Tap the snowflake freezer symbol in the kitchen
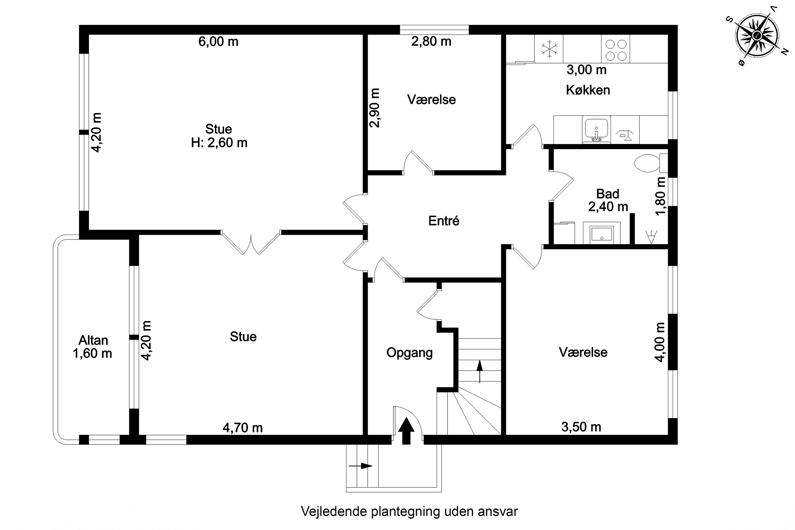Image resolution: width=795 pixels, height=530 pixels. (x=549, y=49)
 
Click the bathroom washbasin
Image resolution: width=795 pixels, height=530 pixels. (x=602, y=233)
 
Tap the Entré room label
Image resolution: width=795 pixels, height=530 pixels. (x=444, y=221)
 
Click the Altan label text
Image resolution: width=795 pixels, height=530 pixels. (x=93, y=340)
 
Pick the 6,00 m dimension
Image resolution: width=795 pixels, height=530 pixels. (x=218, y=42)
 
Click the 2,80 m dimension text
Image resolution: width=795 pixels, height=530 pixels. (x=431, y=41)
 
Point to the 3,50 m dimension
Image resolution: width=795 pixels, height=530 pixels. (x=581, y=427)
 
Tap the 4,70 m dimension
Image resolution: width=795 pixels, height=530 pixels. (x=243, y=428)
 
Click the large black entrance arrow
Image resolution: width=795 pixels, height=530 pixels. (x=406, y=431)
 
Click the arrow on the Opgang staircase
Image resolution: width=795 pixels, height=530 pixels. (x=480, y=372)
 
